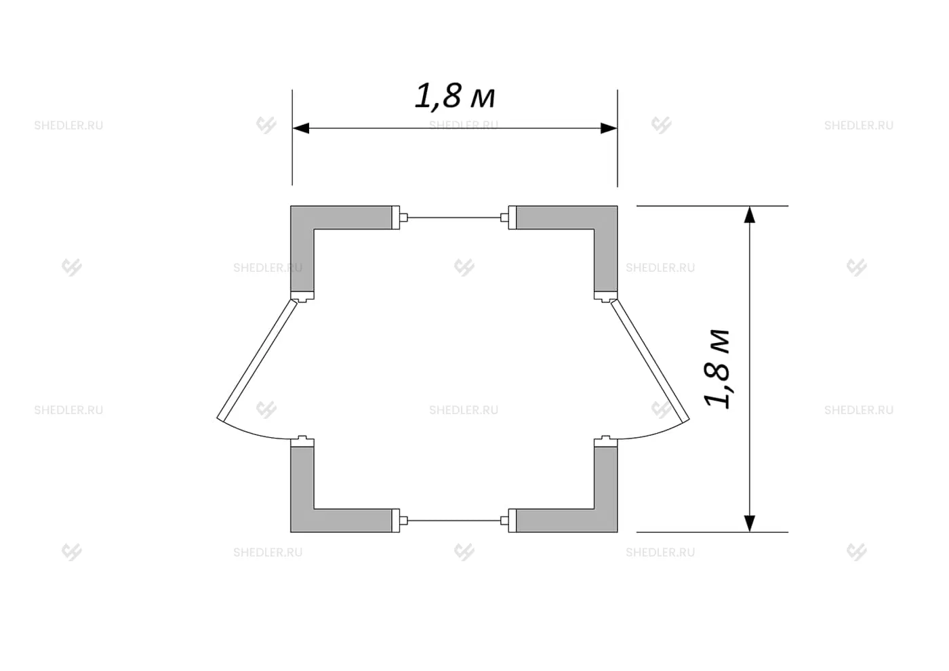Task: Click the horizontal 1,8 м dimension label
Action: (455, 96)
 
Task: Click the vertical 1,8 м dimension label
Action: (716, 369)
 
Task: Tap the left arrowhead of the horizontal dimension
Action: (301, 128)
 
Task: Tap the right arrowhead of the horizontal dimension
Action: (609, 128)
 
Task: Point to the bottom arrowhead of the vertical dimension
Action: (750, 523)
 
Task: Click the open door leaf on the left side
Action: (257, 360)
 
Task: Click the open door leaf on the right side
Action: (650, 360)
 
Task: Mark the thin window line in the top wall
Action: (453, 218)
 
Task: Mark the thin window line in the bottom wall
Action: (453, 521)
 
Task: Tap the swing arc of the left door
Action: (250, 434)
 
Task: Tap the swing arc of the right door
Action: (658, 434)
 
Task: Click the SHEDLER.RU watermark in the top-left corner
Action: (68, 126)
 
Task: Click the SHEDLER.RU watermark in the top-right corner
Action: (859, 126)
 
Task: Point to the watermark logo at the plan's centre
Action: (464, 267)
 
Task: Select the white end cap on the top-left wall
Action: (396, 218)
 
